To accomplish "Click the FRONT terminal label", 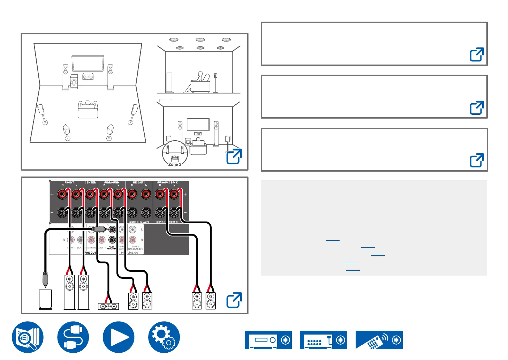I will [x=69, y=182].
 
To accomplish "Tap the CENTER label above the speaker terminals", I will [x=90, y=182].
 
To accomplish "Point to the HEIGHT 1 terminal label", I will [x=139, y=182].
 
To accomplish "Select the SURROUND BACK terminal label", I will [x=167, y=182].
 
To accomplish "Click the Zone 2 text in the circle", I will [x=175, y=164].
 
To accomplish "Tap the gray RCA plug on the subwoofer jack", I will [x=99, y=229].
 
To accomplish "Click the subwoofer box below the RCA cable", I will [x=45, y=299].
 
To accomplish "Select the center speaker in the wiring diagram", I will [x=108, y=306].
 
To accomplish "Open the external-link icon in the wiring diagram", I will [x=234, y=300].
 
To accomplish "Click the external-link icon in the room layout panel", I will [x=234, y=156].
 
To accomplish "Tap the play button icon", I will [x=118, y=337].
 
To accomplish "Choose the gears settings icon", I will [x=164, y=337].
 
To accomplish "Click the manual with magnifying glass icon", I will [x=28, y=337].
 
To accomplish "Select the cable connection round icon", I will [x=73, y=337].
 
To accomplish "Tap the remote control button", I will [x=379, y=340].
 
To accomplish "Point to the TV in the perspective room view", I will [x=88, y=63].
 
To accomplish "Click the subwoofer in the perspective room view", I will [x=74, y=82].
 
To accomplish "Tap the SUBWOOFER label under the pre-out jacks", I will [x=112, y=248].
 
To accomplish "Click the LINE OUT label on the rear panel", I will [x=134, y=253].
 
